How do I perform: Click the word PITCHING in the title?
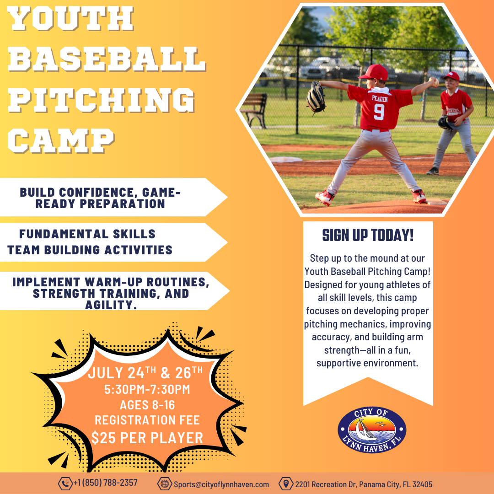coord(101,100)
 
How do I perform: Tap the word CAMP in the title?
coord(61,141)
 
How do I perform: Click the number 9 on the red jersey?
coord(379,112)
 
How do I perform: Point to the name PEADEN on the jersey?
coord(380,99)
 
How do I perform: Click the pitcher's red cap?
coord(374,72)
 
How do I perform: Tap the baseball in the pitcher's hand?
coord(435,82)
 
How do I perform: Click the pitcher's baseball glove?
coord(316,97)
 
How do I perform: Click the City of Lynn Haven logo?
coord(372,430)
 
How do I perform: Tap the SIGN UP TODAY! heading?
coord(368,236)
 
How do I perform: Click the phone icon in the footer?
coord(65,483)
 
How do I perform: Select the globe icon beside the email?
coord(165,483)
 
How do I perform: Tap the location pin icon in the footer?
coord(286,483)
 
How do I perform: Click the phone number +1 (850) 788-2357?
coord(106,483)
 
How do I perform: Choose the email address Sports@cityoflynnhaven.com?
coord(221,484)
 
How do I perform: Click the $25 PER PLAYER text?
coord(147,438)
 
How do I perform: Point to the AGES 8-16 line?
coord(147,405)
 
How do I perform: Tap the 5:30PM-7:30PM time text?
coord(147,389)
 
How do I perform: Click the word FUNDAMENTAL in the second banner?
coord(59,234)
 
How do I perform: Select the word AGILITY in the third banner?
coord(111,305)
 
